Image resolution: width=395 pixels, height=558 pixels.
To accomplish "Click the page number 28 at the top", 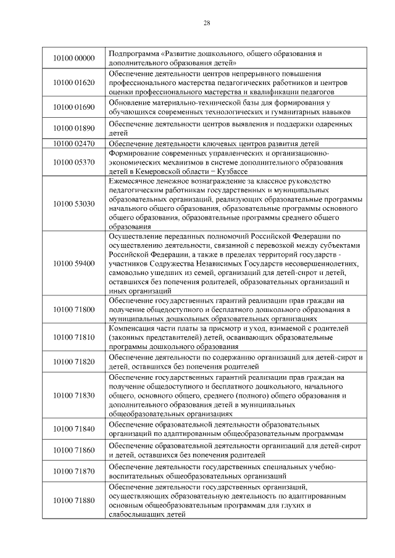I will [x=206, y=23].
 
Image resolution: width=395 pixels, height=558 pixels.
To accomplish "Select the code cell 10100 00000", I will [x=73, y=58].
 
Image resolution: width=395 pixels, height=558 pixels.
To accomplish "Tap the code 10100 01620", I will [x=73, y=83].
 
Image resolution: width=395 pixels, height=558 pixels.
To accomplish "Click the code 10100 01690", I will [x=73, y=107].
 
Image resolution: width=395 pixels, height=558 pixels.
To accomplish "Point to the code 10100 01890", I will [x=73, y=128].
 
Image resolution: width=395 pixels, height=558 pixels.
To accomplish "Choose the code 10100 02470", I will [x=73, y=143].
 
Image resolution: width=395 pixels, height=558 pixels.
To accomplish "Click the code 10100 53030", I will [x=73, y=203].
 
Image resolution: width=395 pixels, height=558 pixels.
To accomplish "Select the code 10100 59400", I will [x=73, y=263].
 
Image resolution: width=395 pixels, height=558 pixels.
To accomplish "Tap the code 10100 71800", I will [x=73, y=308].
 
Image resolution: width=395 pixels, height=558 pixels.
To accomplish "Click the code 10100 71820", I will [x=73, y=361].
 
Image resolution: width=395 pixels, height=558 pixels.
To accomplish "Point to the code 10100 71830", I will [x=73, y=395].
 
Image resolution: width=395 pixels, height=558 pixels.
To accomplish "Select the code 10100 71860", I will [x=73, y=451].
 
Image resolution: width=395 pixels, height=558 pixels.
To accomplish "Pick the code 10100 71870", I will [x=73, y=471].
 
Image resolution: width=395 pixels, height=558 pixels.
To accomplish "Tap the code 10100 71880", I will [x=73, y=500].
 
